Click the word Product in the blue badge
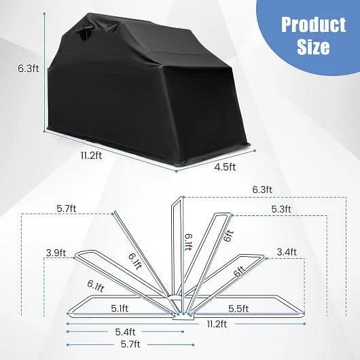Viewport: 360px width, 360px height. [x=313, y=24]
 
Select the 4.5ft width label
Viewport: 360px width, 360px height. [x=225, y=167]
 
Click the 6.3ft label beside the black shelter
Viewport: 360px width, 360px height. [x=29, y=69]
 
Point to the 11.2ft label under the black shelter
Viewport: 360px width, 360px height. [x=91, y=156]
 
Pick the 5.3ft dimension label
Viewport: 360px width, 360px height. [x=281, y=209]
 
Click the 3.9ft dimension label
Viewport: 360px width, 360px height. [x=56, y=253]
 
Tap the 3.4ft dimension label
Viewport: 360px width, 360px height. [x=287, y=252]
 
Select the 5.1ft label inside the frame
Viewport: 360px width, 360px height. [x=120, y=308]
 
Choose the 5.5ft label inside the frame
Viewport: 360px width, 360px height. [x=238, y=308]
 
